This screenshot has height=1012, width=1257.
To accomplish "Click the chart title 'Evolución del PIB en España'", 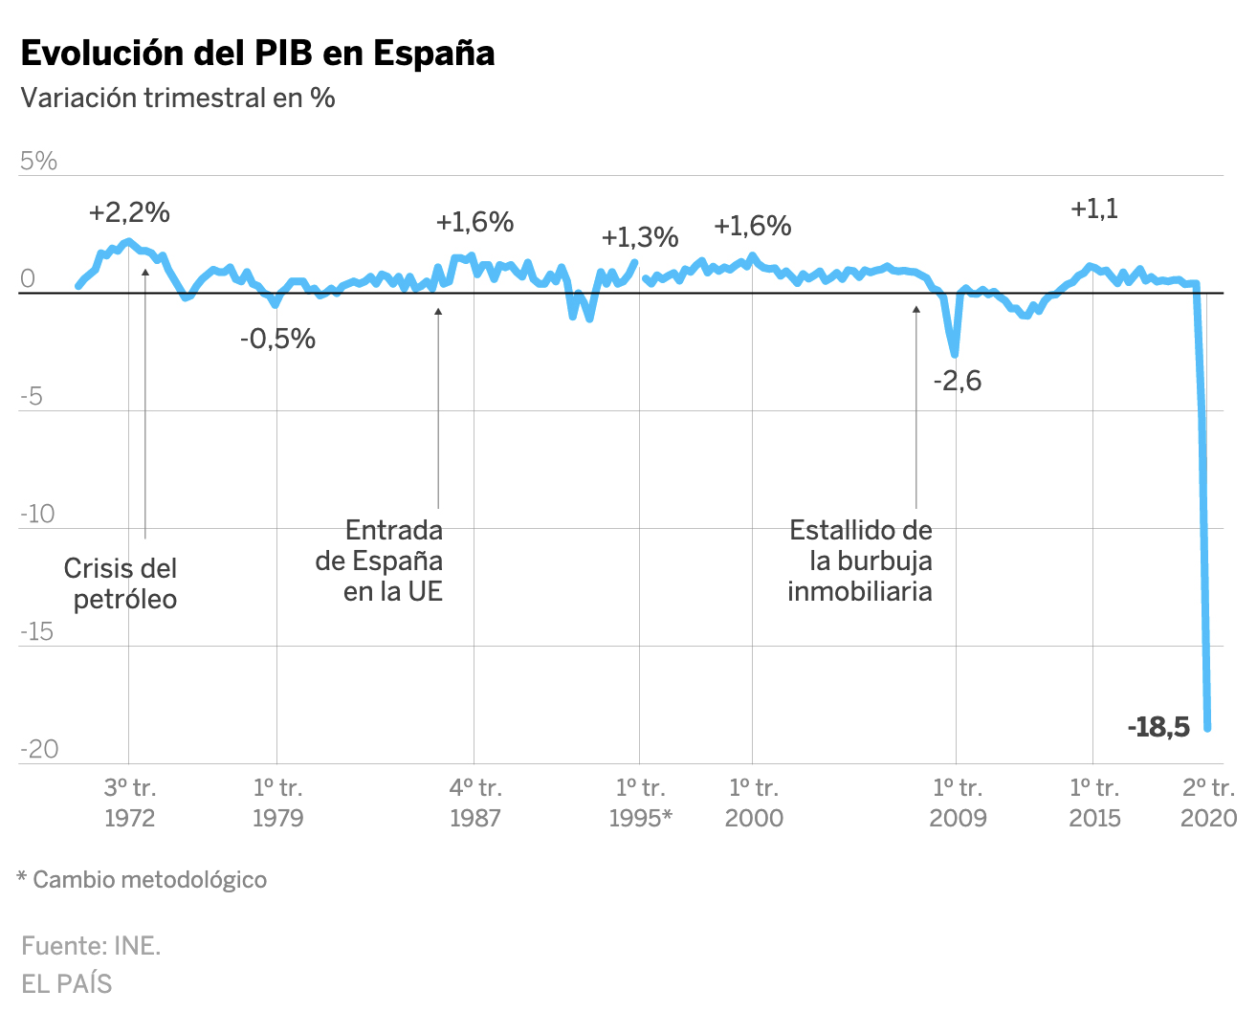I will click(257, 54).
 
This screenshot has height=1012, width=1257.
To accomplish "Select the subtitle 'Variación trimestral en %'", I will click(178, 98).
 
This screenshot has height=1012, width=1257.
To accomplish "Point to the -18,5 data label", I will click(1158, 727).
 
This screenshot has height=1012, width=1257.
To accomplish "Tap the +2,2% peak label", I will click(129, 212).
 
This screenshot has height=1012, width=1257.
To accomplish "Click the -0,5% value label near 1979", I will click(277, 339).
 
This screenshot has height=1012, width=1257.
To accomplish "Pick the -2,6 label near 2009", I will click(957, 381).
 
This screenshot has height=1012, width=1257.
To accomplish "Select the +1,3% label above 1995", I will click(640, 237).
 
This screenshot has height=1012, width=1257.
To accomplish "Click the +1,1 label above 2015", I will click(1093, 209).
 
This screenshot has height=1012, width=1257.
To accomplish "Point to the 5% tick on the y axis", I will click(39, 161).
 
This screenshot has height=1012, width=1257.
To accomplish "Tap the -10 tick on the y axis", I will click(38, 514).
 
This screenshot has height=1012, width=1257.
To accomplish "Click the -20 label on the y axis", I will click(39, 749).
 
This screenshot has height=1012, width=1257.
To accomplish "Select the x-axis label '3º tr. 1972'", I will click(129, 803).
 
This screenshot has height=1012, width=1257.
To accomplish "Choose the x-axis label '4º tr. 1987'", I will click(475, 803).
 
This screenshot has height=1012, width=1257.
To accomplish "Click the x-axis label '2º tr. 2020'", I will click(1208, 803).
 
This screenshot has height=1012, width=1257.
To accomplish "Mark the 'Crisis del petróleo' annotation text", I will click(121, 583).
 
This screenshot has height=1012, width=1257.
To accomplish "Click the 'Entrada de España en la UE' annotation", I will click(381, 561).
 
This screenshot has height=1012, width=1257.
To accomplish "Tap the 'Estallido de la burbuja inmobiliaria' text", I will click(859, 561).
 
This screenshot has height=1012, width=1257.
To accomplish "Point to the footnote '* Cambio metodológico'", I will click(142, 879).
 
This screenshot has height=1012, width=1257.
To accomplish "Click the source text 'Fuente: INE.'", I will click(91, 946).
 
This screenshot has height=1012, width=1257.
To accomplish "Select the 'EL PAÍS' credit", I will click(67, 983).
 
